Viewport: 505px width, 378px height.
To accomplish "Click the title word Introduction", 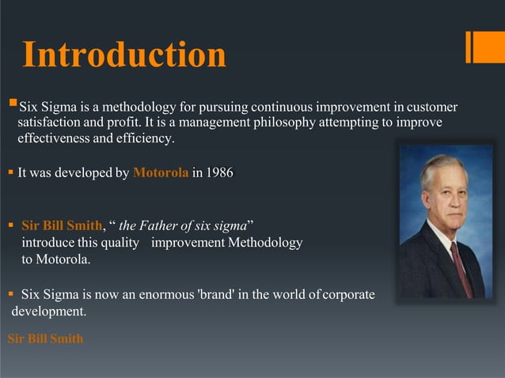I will [124, 54].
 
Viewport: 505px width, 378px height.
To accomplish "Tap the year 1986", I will [218, 173].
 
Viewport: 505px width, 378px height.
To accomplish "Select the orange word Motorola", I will [161, 173].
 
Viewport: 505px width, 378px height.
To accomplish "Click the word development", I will [48, 312].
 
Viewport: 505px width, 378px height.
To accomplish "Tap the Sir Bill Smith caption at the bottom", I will [45, 339].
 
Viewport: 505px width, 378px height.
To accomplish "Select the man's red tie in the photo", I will [461, 269].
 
